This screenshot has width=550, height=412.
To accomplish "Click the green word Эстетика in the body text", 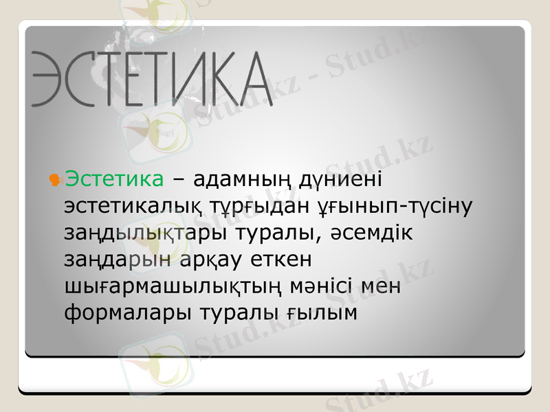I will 114,180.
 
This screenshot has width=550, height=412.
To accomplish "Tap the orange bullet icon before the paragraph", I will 56,180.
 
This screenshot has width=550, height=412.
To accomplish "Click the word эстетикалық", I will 131,206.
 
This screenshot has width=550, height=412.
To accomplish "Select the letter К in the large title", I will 208,79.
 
